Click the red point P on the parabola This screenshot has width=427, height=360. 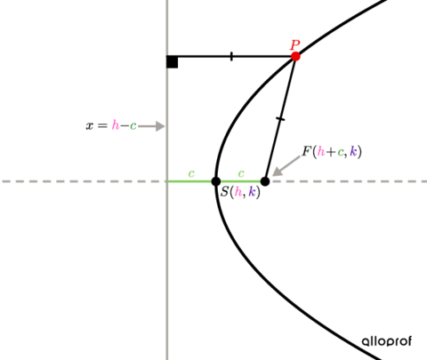[295, 56]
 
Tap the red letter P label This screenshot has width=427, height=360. [294, 45]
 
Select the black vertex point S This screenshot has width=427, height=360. [216, 181]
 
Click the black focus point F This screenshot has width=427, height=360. [265, 181]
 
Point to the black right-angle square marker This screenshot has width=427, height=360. [173, 62]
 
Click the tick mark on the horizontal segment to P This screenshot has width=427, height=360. [231, 56]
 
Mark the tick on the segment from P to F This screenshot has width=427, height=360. [280, 119]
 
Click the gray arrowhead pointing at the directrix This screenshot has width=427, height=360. [160, 126]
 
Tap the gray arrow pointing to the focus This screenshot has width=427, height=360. [286, 166]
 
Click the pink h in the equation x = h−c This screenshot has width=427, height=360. [116, 125]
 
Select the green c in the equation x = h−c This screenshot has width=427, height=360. [133, 126]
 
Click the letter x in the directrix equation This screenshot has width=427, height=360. [89, 126]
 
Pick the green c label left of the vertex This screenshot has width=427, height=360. [191, 173]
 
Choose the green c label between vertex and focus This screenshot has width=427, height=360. [241, 173]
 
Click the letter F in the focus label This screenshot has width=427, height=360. [306, 151]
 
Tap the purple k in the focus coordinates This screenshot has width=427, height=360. [353, 152]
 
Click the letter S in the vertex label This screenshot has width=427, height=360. [225, 192]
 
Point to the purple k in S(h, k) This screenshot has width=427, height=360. [252, 192]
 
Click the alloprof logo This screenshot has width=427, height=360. [387, 341]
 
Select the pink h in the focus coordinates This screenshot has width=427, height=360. [321, 152]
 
